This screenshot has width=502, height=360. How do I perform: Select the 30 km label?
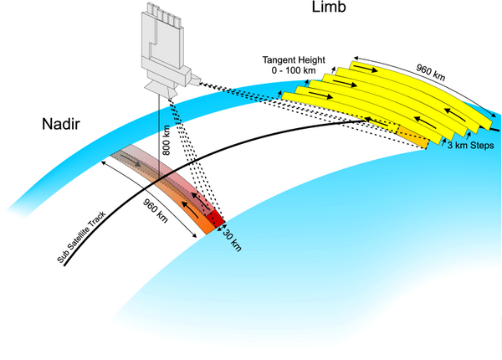(235, 239)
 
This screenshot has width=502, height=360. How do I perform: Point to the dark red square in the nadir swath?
(215, 219)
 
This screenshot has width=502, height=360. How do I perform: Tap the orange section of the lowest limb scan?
(410, 136)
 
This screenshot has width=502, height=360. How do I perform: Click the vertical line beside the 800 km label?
(158, 142)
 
